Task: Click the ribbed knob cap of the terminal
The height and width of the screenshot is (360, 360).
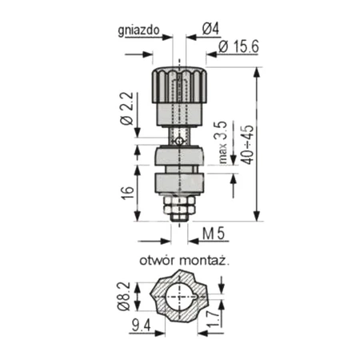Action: click(x=179, y=84)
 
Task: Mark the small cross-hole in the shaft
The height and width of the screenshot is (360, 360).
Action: click(x=180, y=142)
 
